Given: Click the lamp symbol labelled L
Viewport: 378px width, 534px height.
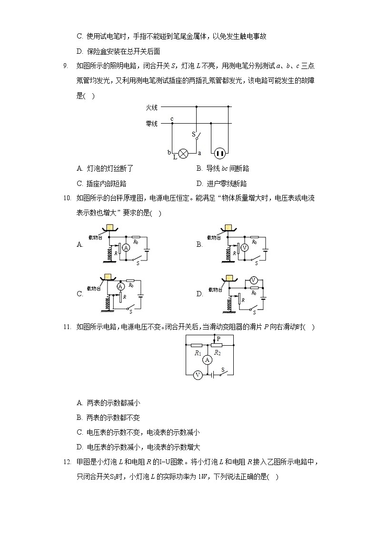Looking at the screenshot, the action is (x=183, y=153).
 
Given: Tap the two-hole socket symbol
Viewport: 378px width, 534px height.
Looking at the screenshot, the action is (x=219, y=153).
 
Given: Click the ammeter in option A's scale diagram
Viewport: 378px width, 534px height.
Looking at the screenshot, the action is (x=126, y=248).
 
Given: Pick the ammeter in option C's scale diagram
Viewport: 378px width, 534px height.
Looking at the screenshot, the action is (x=120, y=286).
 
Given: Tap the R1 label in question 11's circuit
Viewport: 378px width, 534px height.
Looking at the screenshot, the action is (x=198, y=353).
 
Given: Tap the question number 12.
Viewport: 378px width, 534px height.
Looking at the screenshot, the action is (x=67, y=462).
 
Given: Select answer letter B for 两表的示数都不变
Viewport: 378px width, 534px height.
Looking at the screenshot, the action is (x=80, y=417).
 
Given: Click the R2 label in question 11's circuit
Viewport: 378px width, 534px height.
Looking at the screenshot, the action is (x=217, y=353).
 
